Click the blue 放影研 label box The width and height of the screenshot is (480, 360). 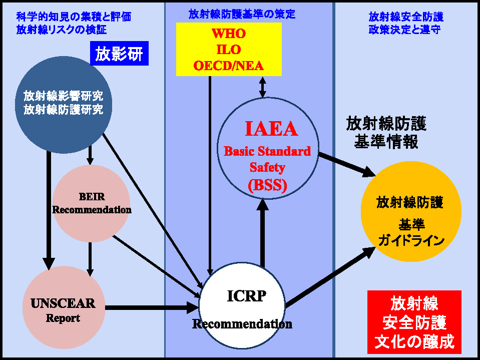pos(119,53)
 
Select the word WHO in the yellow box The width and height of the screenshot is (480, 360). pos(229,34)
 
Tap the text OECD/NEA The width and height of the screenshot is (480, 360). pos(229,66)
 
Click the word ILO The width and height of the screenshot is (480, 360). pos(229,50)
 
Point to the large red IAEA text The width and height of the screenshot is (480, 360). pos(271,129)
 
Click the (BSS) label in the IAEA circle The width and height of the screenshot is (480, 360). pos(268,185)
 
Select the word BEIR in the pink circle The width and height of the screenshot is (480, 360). pos(92,197)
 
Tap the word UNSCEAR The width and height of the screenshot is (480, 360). pos(63,303)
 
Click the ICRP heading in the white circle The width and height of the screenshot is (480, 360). pos(247,296)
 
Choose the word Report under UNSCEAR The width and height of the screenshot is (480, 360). pos(63,318)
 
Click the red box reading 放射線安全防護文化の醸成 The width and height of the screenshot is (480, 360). pos(414,322)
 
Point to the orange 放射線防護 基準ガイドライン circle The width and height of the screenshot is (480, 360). pos(411,211)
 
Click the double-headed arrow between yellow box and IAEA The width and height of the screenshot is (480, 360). pos(263,87)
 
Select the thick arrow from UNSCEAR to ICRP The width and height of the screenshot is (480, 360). pos(152,307)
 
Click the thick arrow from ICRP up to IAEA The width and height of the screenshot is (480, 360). pos(262,233)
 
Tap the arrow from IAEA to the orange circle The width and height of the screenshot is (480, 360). pos(347,165)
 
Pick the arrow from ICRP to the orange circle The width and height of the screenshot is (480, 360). pos(331,277)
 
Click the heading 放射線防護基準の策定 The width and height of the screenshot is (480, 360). pos(242,15)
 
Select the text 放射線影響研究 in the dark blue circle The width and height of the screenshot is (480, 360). pos(64,96)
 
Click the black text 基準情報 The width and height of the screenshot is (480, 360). pos(386,142)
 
